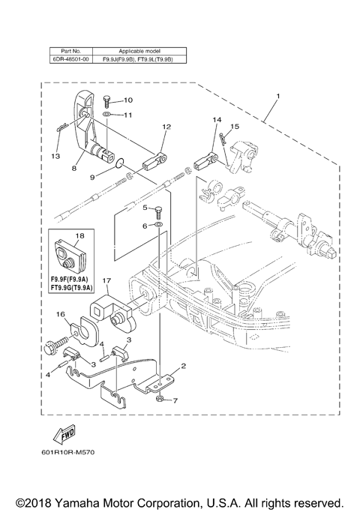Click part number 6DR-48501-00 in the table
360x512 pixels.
pyautogui.click(x=70, y=56)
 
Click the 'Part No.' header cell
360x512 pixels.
pyautogui.click(x=70, y=47)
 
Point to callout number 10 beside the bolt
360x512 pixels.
pyautogui.click(x=127, y=100)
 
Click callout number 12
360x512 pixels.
pyautogui.click(x=166, y=127)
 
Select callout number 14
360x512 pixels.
pyautogui.click(x=217, y=120)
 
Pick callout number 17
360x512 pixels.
pyautogui.click(x=106, y=283)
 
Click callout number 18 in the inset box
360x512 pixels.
pyautogui.click(x=79, y=235)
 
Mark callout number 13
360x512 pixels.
pyautogui.click(x=55, y=156)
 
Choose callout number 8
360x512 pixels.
pyautogui.click(x=73, y=169)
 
